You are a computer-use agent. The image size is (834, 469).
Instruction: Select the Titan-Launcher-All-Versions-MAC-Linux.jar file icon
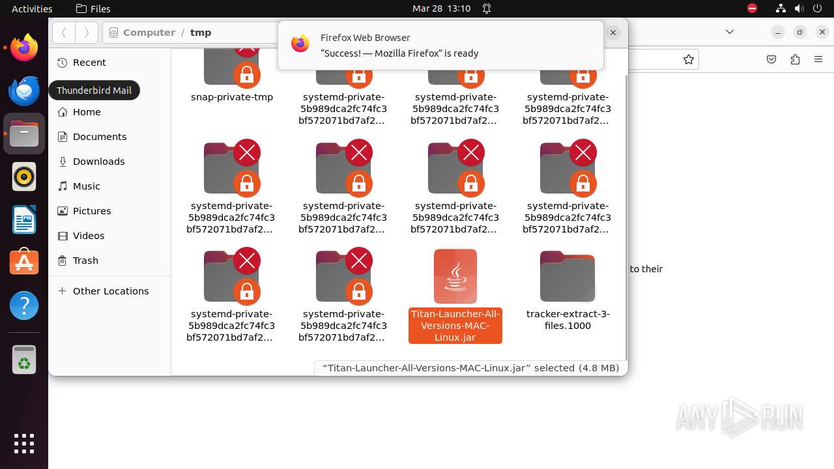tap(455, 276)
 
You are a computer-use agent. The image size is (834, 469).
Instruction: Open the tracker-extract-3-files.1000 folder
tap(568, 276)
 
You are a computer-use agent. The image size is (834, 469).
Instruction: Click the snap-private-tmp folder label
tap(232, 97)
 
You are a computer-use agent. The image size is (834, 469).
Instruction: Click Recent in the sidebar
tap(89, 63)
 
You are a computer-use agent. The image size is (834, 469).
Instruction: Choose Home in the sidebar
tap(87, 112)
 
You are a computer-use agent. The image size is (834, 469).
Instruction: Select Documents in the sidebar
tap(99, 137)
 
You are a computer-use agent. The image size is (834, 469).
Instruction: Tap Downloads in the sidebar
tap(98, 162)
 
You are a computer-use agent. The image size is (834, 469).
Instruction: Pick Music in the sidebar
tap(86, 186)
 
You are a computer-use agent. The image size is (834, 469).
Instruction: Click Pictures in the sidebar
tap(92, 211)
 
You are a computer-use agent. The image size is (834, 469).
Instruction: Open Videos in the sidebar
tap(89, 236)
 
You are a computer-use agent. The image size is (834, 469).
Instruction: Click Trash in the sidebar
tap(85, 261)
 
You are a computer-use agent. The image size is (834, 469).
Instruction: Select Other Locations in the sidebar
tap(110, 291)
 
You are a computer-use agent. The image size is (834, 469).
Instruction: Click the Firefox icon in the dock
tap(24, 48)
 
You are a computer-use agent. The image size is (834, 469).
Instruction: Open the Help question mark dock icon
tap(24, 306)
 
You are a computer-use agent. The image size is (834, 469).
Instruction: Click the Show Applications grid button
tap(24, 444)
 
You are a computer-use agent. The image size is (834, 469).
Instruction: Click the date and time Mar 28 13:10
tap(441, 8)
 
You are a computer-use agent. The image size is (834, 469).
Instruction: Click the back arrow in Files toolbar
tap(64, 33)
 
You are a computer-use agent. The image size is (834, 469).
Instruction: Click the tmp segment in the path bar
tap(201, 33)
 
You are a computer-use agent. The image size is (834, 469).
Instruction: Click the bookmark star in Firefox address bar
tap(689, 59)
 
